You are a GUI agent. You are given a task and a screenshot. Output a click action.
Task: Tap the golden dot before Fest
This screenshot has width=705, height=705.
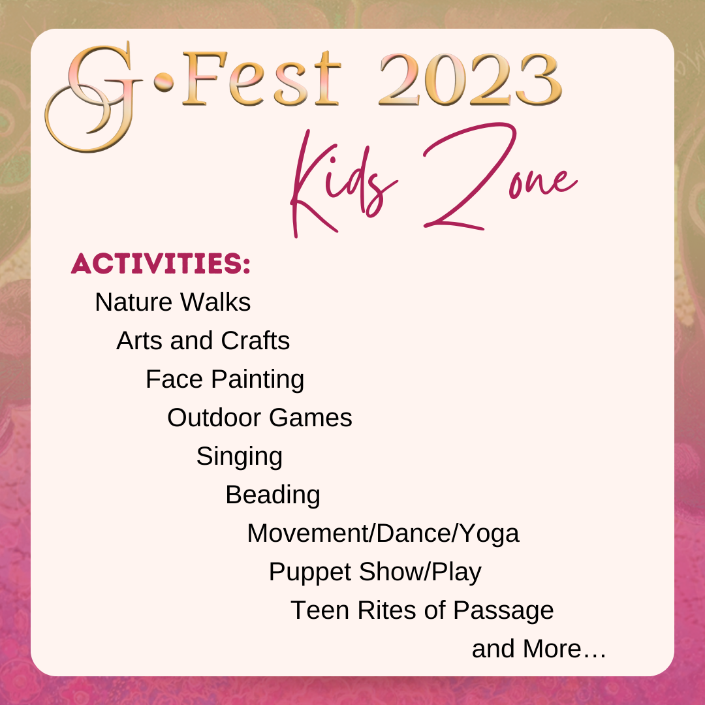click(164, 82)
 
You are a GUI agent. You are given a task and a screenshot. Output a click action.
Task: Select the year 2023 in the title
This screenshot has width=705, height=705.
click(471, 80)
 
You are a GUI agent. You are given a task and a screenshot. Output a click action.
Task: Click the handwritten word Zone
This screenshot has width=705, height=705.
click(499, 176)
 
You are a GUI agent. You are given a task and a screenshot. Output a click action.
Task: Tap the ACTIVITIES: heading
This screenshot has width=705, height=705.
click(161, 263)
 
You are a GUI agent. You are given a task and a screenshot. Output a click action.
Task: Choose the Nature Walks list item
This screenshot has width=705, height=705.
click(172, 302)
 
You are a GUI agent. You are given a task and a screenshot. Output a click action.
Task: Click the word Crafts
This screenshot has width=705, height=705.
click(255, 340)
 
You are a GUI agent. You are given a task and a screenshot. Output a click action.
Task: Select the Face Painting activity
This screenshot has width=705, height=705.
click(225, 380)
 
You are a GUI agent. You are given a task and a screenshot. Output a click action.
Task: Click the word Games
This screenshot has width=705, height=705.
click(311, 418)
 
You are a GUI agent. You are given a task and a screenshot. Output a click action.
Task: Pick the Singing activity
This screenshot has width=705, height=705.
click(240, 457)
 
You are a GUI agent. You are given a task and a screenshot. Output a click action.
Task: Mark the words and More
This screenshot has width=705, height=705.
click(539, 649)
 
